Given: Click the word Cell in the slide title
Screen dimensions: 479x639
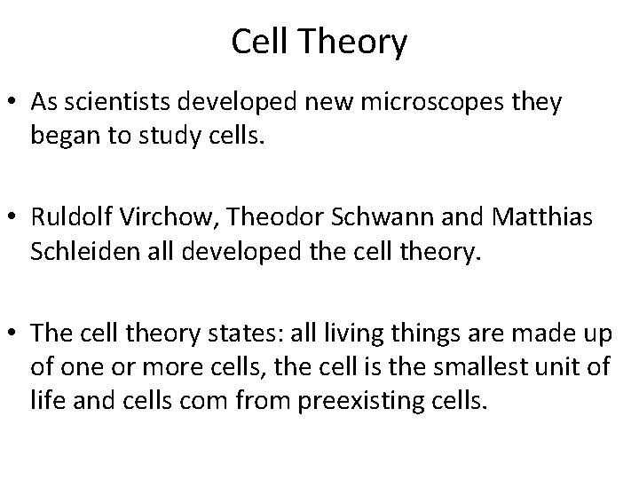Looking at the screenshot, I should tap(259, 43).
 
